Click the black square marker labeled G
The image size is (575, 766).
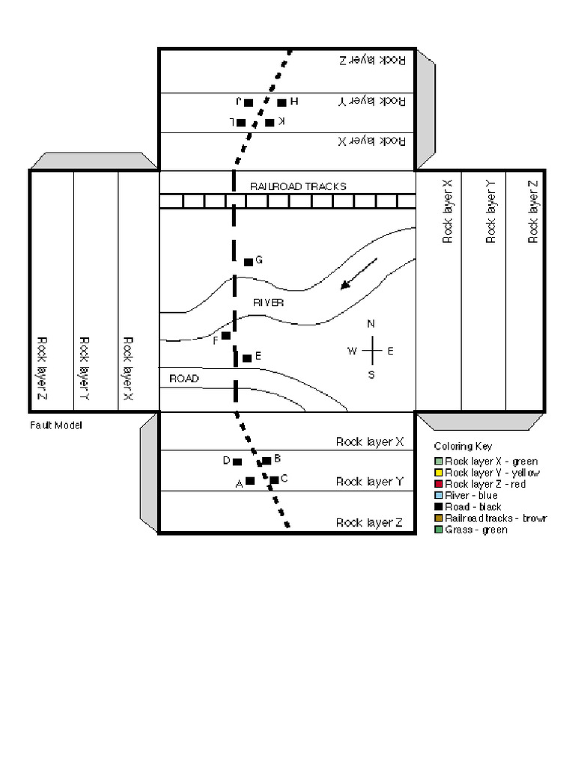249,262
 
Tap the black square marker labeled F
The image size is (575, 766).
225,336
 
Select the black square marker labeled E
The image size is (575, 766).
247,358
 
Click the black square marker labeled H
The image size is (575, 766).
282,102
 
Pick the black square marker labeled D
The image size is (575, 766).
237,462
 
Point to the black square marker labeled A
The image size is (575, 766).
250,481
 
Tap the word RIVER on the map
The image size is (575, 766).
268,303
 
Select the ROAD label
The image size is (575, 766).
183,379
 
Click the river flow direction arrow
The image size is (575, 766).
359,273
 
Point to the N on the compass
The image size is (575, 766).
371,324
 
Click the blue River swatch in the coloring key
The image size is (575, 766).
439,496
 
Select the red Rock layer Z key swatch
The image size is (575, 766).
439,485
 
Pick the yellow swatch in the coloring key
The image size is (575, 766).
439,473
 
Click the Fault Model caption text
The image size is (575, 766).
56,425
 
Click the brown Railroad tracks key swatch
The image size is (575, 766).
439,518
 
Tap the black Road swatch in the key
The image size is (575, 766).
439,507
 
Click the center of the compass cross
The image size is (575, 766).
371,350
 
